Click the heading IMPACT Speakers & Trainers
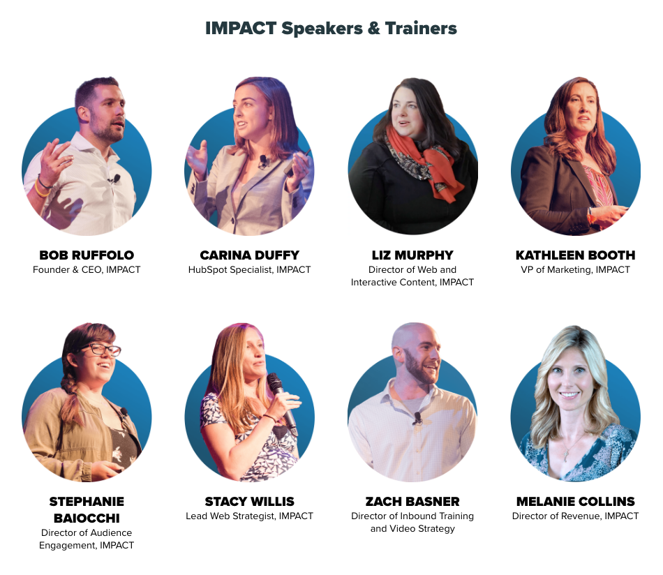331,29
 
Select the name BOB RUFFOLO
87,255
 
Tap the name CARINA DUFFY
249,255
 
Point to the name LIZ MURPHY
412,255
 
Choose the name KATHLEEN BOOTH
576,255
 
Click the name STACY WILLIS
249,502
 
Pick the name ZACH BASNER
412,502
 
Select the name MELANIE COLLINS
576,502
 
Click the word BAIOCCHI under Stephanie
87,518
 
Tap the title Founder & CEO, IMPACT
87,270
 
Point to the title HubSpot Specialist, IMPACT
249,270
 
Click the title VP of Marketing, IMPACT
576,270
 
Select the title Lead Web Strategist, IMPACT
249,516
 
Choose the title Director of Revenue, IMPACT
576,516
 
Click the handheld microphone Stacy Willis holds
281,402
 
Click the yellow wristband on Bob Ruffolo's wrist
41,189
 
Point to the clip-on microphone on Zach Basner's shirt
417,418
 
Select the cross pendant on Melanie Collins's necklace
566,455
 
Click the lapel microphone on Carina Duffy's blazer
263,161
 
